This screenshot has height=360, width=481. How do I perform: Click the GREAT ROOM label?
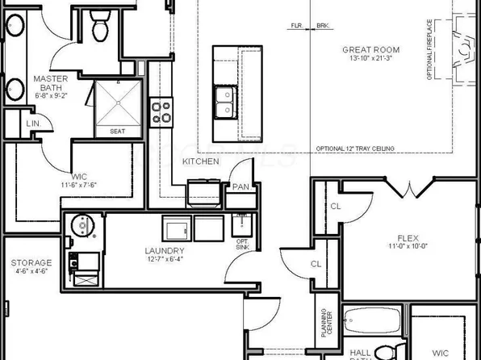pos(371,48)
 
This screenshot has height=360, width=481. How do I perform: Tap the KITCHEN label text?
pos(200,162)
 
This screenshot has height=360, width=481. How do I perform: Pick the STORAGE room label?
pos(31,263)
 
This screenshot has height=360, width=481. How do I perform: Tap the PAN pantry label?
pos(240,186)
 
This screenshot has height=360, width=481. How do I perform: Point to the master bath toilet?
pos(101,27)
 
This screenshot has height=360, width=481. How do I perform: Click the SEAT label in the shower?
pos(117,131)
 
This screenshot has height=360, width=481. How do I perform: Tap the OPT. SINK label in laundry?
pos(241,245)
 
